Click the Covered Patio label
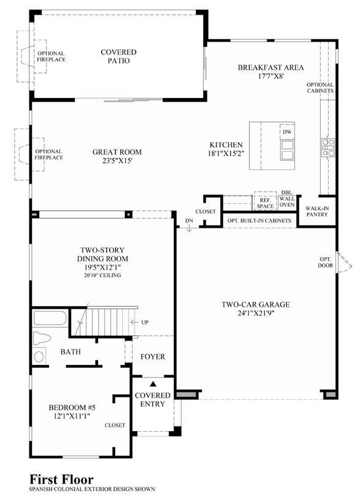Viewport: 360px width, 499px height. click(118, 56)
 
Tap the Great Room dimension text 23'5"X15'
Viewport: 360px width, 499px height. click(117, 160)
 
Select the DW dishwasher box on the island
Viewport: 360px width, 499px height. click(287, 132)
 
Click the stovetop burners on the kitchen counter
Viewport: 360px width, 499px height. click(328, 148)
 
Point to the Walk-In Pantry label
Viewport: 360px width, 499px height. click(317, 211)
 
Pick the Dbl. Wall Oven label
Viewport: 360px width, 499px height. click(287, 199)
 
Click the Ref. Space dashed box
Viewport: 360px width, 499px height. click(265, 201)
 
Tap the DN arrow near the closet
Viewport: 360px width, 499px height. click(189, 228)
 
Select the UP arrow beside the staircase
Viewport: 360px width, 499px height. click(135, 323)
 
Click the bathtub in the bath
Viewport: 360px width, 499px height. click(50, 318)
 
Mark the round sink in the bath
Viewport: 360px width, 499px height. click(39, 356)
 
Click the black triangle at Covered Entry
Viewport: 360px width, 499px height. click(153, 384)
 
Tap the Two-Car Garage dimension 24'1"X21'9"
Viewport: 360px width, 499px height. click(256, 313)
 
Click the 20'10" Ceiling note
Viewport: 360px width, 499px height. click(102, 276)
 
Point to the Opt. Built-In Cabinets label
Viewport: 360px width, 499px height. click(259, 220)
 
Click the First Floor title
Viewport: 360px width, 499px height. click(61, 479)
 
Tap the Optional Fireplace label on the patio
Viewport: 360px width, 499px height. click(51, 56)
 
